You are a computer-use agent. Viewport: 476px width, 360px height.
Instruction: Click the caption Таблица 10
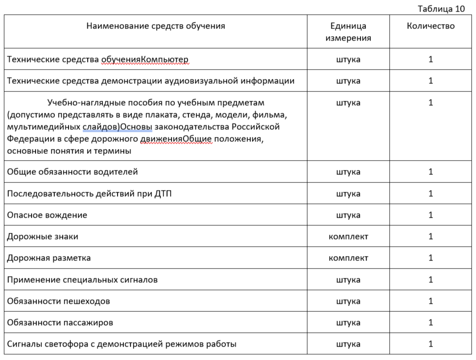tap(441, 9)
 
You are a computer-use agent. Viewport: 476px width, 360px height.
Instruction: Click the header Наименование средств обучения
tap(156, 26)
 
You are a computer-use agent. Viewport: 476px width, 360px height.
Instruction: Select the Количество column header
tap(431, 26)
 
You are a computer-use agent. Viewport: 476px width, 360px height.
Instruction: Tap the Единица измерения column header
tap(348, 32)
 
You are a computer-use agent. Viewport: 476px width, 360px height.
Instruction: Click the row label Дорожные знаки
tap(42, 236)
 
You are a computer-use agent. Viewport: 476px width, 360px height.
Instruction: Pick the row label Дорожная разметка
tap(49, 258)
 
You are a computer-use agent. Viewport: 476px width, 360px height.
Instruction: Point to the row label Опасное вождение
tap(47, 215)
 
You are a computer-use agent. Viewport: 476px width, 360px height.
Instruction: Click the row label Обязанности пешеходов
tap(58, 301)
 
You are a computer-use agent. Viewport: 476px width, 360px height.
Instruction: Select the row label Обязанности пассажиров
tap(60, 323)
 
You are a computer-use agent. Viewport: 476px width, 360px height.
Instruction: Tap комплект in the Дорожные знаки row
tap(348, 236)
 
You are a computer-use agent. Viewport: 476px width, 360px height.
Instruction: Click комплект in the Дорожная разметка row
tap(348, 258)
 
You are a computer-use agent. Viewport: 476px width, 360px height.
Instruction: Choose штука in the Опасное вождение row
tap(348, 215)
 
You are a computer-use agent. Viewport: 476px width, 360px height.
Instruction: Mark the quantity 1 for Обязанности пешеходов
tap(431, 301)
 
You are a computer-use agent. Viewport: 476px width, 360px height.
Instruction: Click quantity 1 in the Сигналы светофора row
tap(431, 344)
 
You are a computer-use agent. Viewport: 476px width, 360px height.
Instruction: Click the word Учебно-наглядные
tap(82, 103)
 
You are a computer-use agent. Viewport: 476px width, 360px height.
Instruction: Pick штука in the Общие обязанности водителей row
tap(348, 172)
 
